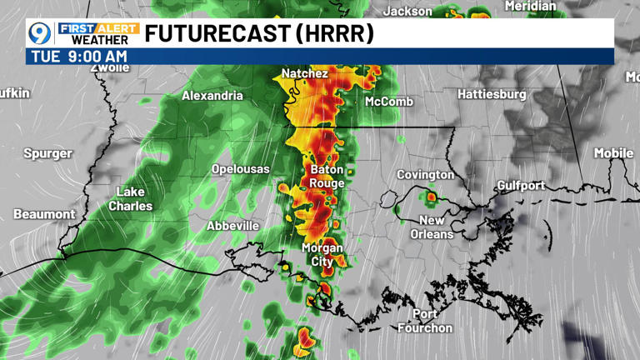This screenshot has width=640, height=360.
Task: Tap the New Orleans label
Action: (432, 227)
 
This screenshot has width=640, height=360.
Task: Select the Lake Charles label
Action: (131, 198)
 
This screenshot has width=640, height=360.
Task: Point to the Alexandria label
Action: (212, 96)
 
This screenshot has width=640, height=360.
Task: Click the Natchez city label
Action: (304, 73)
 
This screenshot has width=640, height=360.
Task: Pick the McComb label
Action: (389, 101)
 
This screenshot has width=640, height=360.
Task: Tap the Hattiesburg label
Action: (492, 94)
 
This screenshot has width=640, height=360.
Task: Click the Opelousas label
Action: (240, 169)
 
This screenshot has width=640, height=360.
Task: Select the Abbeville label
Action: (232, 226)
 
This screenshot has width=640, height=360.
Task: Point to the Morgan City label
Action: (322, 254)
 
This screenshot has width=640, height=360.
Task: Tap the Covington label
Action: (425, 175)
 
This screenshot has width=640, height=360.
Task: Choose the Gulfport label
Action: (520, 185)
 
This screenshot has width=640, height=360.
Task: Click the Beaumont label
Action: (44, 214)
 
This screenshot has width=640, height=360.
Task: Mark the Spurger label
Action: (47, 153)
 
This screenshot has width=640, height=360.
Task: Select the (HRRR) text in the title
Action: (334, 33)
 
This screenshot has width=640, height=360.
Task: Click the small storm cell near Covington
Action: (432, 197)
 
